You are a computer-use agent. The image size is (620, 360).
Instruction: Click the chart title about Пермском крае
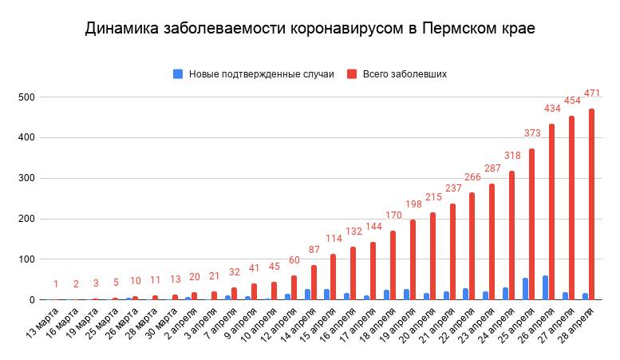[310, 29]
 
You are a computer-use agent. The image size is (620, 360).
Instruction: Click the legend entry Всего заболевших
[404, 73]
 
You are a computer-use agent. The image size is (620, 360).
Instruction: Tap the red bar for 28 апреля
[591, 204]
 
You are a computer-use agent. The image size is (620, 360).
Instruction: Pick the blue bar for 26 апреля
[545, 288]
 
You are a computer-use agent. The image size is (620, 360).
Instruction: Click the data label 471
[592, 93]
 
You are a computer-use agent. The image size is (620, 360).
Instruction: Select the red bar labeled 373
[532, 224]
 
